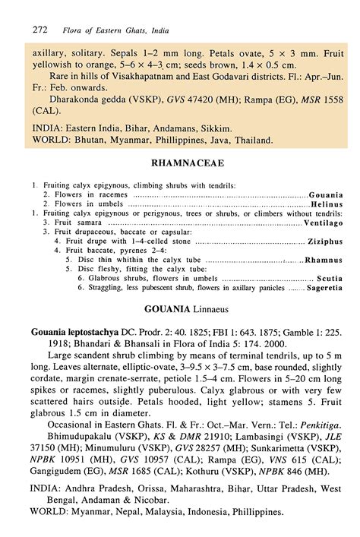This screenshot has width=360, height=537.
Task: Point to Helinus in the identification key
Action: (x=327, y=205)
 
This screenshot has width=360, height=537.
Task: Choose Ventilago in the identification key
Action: (x=324, y=223)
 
